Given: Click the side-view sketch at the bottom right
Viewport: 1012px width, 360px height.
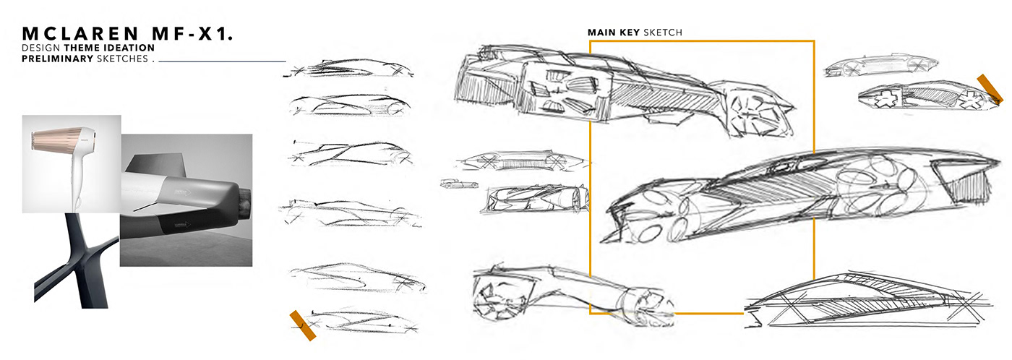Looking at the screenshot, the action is coord(867,296).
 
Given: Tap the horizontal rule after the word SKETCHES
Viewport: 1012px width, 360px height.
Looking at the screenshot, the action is coord(223,62).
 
